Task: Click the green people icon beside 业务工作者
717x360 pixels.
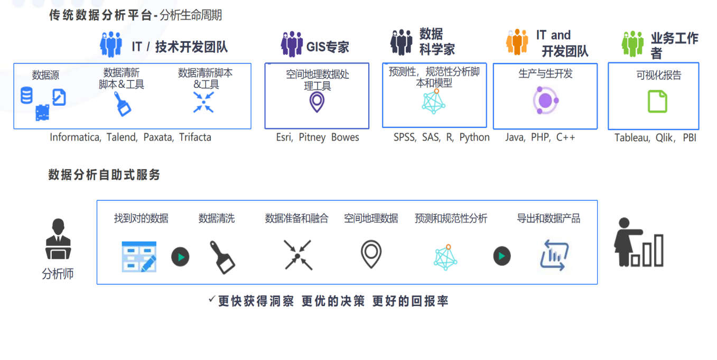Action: click(x=632, y=44)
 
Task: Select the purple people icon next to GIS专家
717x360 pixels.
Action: click(x=292, y=44)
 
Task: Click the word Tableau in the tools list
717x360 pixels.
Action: click(x=632, y=138)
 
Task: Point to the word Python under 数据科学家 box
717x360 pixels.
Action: click(x=474, y=137)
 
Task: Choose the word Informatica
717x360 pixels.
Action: click(x=75, y=137)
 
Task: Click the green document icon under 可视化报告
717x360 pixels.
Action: click(x=657, y=101)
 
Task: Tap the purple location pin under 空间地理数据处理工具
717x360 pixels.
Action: click(x=316, y=101)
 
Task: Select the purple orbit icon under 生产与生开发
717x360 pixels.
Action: click(x=545, y=100)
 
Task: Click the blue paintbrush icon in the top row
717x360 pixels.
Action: click(x=123, y=104)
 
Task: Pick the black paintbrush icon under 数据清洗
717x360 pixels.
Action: click(x=222, y=257)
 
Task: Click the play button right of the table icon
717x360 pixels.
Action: click(x=180, y=257)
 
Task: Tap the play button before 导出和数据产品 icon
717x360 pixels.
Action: click(x=502, y=256)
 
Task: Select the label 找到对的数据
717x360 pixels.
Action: click(x=141, y=218)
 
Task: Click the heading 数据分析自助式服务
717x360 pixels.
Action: click(x=104, y=175)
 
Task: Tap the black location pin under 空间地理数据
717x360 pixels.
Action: click(x=371, y=254)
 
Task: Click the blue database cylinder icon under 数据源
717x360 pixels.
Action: click(x=26, y=95)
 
